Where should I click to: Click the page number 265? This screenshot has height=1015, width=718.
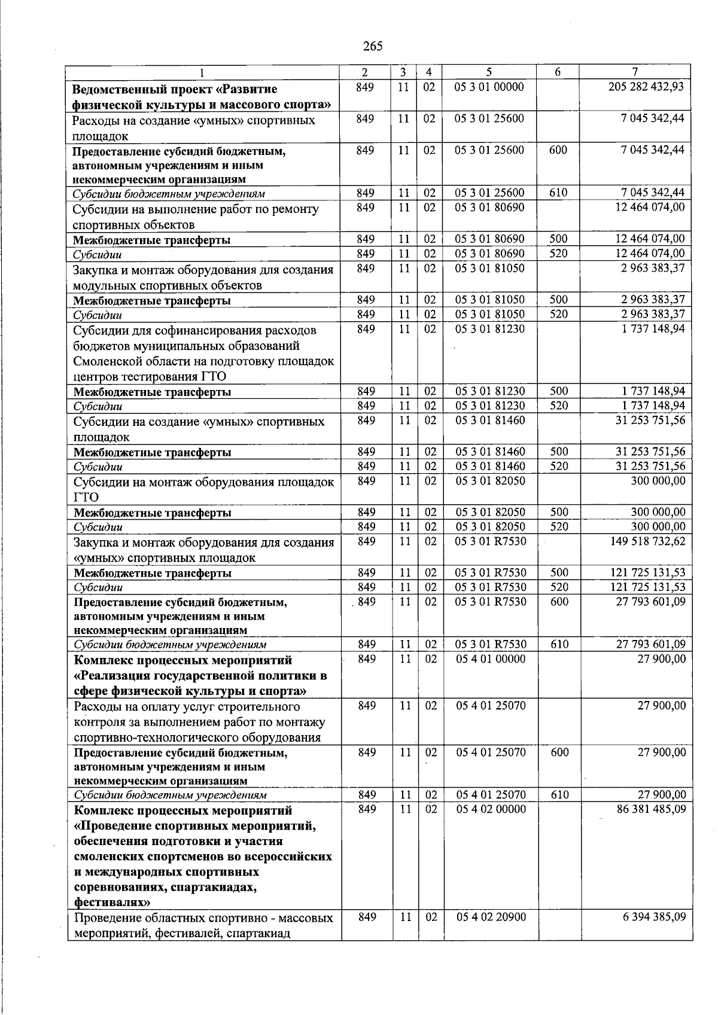tap(372, 46)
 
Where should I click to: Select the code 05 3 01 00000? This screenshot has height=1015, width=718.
tap(489, 87)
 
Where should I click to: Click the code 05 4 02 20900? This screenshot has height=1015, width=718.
tap(491, 917)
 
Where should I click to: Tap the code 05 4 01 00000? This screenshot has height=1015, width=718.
tap(491, 659)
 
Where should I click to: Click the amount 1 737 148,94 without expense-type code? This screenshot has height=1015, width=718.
tap(653, 328)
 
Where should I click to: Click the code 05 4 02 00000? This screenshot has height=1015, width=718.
tap(491, 809)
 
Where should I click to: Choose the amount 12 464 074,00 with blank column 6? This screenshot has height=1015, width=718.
tap(650, 208)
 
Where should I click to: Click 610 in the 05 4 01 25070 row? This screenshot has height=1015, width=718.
tap(559, 794)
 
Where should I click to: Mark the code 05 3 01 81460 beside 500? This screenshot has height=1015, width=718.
tap(490, 452)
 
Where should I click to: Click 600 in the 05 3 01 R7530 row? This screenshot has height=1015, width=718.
tap(559, 602)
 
